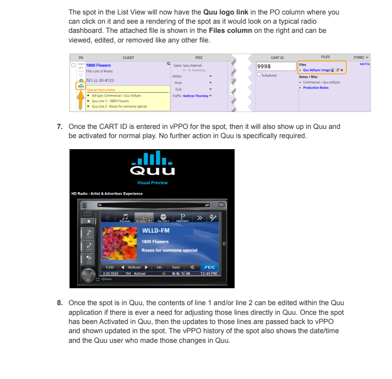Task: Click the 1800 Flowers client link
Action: click(98, 65)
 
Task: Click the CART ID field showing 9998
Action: click(275, 66)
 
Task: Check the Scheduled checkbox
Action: click(259, 74)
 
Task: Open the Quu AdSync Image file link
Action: click(316, 70)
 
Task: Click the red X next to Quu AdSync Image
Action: click(342, 70)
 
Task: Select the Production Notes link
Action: click(316, 88)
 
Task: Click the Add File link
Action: click(364, 64)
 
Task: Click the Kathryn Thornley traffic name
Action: click(195, 96)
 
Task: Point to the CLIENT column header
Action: click(128, 57)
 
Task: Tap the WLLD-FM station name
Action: click(155, 230)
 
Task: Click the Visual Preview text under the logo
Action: click(152, 182)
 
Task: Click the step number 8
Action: click(59, 303)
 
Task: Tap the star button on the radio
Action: click(88, 221)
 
